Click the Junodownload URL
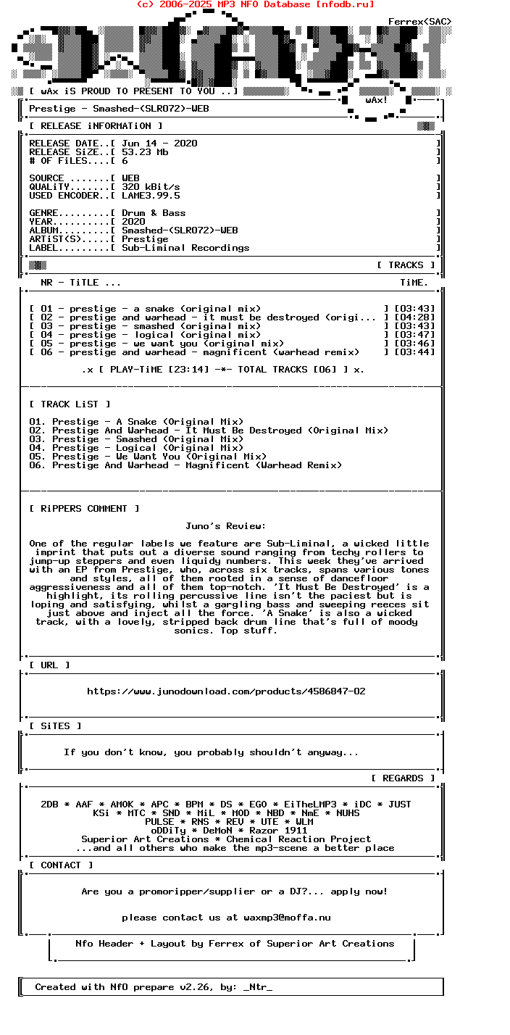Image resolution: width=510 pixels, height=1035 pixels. click(x=226, y=691)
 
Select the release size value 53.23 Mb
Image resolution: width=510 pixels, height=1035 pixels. click(x=145, y=152)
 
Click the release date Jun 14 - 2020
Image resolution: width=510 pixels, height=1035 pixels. click(x=159, y=144)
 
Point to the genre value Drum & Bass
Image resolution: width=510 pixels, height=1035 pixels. click(x=154, y=213)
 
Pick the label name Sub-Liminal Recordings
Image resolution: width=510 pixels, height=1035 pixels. click(x=185, y=248)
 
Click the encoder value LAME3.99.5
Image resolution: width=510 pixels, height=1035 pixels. click(x=151, y=196)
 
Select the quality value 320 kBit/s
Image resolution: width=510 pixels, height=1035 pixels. click(x=151, y=187)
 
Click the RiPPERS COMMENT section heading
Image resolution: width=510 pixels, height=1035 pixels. click(x=84, y=509)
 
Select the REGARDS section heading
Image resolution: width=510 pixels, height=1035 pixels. click(x=403, y=778)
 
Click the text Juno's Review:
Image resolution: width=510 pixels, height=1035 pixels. click(x=226, y=526)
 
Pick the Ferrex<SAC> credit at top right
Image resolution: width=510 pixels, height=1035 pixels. click(x=420, y=22)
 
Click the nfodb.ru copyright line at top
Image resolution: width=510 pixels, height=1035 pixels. click(x=255, y=4)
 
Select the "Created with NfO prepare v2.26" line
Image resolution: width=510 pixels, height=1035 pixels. click(x=154, y=987)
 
